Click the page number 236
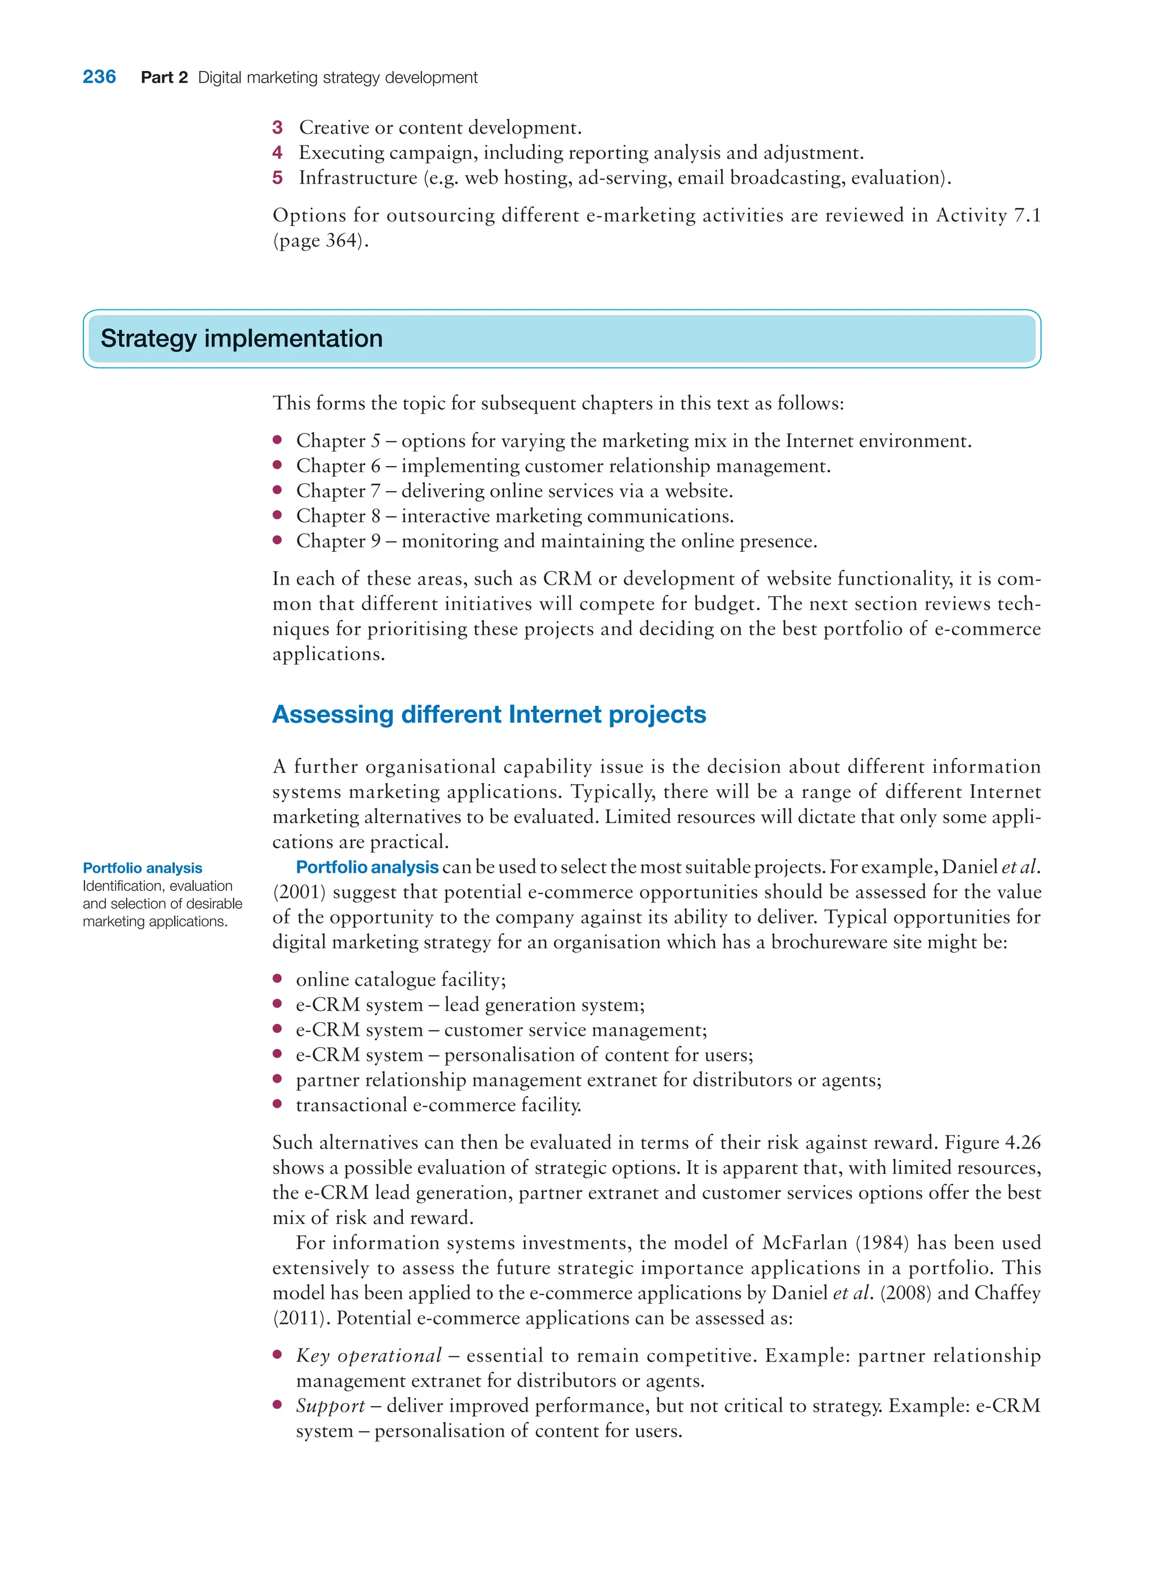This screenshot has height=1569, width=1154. tap(99, 77)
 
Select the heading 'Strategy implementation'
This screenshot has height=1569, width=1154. tap(242, 339)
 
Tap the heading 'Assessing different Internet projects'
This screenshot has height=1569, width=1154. tap(489, 714)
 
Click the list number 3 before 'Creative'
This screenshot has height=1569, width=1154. tap(277, 128)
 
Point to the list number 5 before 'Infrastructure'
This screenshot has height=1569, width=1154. tap(277, 178)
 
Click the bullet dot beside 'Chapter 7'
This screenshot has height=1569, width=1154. tap(277, 490)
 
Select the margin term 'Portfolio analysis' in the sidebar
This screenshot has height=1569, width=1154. tap(143, 868)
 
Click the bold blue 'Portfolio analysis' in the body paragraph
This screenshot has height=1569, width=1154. tap(367, 867)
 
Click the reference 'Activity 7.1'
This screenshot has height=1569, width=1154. tap(988, 215)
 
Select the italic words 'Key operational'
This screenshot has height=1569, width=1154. tap(369, 1356)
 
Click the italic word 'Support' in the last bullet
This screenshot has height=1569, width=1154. tap(330, 1406)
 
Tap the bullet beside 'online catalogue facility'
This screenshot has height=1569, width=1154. tap(277, 979)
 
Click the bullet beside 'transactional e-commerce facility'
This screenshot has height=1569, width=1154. tap(277, 1104)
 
